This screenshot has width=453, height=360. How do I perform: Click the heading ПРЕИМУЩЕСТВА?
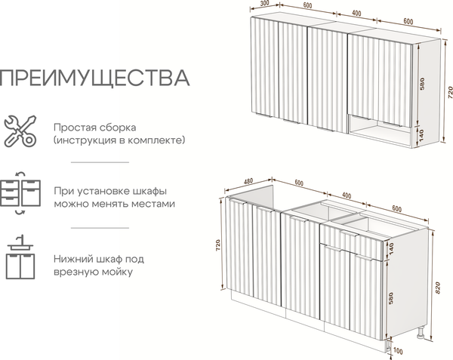coord(94,78)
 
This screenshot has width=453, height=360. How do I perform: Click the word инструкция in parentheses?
coord(86,140)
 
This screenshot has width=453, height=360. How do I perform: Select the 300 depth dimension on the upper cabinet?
coord(264,4)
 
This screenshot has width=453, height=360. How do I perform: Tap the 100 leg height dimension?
coord(399,350)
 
